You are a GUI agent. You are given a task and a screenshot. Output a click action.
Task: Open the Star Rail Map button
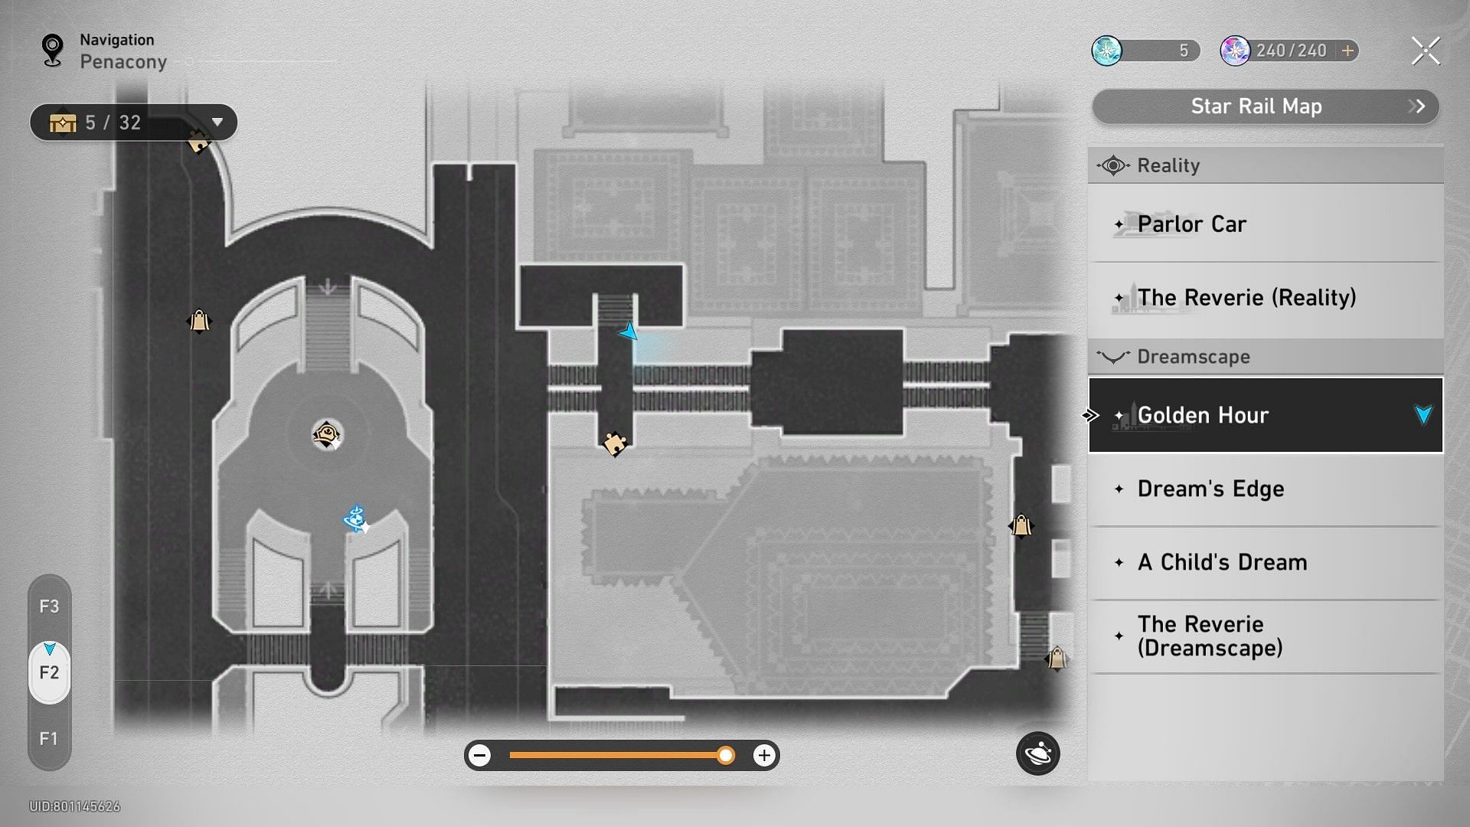point(1265,106)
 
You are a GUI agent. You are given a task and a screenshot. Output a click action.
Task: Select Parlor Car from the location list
point(1266,224)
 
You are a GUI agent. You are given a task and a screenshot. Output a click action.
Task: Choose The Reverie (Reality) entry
point(1266,298)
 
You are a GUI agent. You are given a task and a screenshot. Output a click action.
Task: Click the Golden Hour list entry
point(1266,415)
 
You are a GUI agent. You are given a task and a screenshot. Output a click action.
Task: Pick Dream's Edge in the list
point(1266,489)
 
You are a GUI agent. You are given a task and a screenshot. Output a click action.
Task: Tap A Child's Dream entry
point(1266,562)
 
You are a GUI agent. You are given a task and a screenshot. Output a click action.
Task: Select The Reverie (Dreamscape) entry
point(1266,636)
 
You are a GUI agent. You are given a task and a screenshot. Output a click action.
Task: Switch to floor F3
point(49,606)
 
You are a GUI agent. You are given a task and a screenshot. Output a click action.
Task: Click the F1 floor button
point(49,739)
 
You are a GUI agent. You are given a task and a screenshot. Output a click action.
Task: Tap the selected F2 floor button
point(49,672)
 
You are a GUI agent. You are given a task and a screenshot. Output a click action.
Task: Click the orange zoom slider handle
point(726,756)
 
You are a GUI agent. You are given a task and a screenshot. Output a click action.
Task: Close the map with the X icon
point(1426,51)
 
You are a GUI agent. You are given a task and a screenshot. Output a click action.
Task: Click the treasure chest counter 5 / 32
point(133,123)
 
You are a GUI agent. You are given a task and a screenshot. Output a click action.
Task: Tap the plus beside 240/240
point(1347,51)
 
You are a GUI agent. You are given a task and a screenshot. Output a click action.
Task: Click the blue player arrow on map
point(628,332)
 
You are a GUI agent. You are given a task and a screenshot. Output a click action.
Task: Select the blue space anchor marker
point(356,519)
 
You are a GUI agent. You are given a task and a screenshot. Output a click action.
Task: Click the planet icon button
point(1038,753)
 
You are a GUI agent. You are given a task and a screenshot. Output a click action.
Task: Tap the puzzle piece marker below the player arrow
point(615,443)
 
